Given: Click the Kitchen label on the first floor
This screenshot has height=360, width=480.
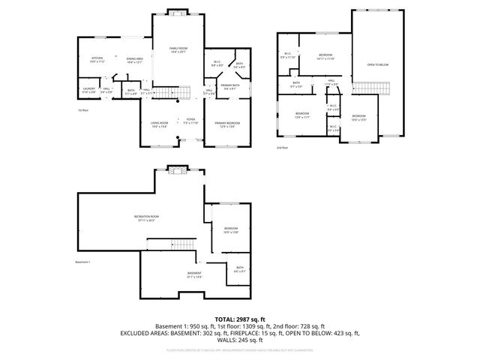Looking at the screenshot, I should pyautogui.click(x=97, y=60).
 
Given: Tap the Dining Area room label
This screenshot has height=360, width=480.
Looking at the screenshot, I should pyautogui.click(x=134, y=60).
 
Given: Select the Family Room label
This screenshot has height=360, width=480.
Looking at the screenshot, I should pyautogui.click(x=178, y=49).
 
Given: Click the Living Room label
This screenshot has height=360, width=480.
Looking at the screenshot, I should pyautogui.click(x=159, y=124).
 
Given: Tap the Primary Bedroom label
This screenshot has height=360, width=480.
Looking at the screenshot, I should pyautogui.click(x=227, y=124).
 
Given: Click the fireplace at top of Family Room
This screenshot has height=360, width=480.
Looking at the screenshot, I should pyautogui.click(x=178, y=13).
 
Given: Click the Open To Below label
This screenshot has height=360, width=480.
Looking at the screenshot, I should pyautogui.click(x=377, y=64).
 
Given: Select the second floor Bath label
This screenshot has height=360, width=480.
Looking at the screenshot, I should pyautogui.click(x=296, y=84).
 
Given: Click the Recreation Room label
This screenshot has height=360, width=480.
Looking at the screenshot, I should pyautogui.click(x=146, y=218).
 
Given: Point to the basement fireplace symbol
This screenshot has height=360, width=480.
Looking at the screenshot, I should pyautogui.click(x=177, y=169).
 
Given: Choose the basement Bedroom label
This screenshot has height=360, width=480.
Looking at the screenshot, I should pyautogui.click(x=231, y=229).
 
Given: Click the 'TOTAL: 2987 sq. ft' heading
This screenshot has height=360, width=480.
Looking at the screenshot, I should pyautogui.click(x=239, y=319).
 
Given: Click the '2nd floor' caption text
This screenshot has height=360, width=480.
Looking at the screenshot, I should pyautogui.click(x=282, y=148).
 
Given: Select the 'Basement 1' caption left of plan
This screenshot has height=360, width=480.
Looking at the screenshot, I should pyautogui.click(x=82, y=262).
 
